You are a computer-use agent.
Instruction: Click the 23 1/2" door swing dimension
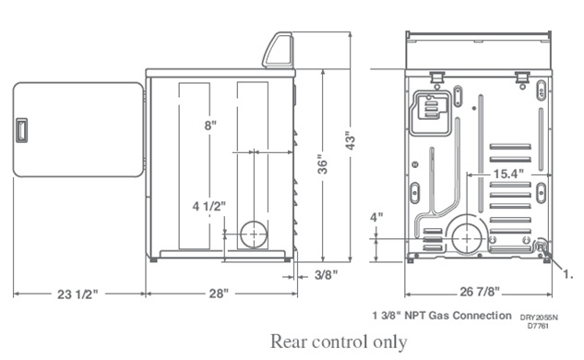click(77, 294)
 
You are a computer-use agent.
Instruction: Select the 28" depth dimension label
click(218, 294)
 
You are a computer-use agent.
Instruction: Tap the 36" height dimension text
click(323, 164)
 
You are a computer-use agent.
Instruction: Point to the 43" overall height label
click(350, 140)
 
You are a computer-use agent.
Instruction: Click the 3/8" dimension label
click(326, 275)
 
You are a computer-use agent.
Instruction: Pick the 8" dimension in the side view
click(210, 126)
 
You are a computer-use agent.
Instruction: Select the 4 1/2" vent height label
click(209, 206)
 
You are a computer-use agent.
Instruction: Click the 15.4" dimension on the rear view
click(508, 174)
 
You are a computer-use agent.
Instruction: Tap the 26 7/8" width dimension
click(480, 292)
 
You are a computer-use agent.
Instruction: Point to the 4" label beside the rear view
click(376, 217)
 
